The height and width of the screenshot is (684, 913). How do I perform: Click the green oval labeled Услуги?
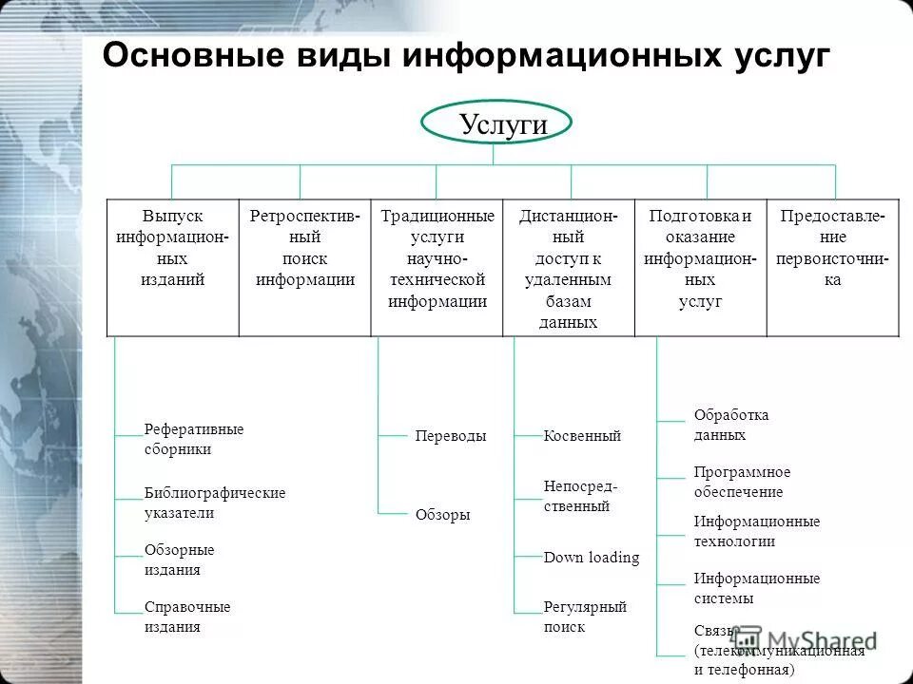[496, 123]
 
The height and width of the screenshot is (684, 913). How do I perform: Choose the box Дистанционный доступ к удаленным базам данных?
[568, 269]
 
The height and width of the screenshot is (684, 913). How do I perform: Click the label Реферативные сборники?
[194, 439]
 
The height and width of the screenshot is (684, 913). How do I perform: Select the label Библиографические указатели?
[215, 503]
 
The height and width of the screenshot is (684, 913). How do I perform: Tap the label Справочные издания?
[187, 617]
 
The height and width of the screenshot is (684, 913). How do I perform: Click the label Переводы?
[451, 436]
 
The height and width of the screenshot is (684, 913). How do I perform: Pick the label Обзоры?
[443, 515]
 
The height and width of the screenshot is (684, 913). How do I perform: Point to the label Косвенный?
[582, 436]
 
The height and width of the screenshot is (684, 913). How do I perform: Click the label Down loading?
[592, 558]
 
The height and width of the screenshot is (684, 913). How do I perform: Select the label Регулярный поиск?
[585, 617]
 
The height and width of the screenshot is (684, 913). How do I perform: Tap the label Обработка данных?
[731, 425]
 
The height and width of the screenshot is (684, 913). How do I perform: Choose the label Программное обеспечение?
[742, 482]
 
